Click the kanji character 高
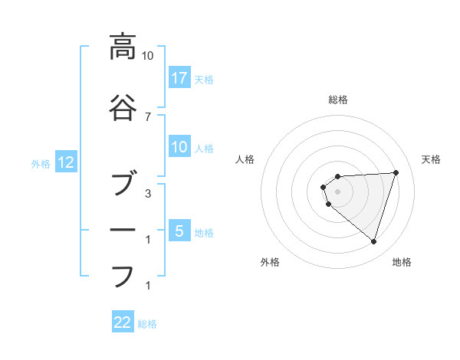[x=122, y=47]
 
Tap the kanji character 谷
[x=122, y=108]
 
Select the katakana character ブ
[x=122, y=186]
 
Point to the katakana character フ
[x=122, y=275]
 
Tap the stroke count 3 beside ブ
[x=147, y=194]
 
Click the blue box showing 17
[x=179, y=78]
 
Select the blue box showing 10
[x=179, y=147]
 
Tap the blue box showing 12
[x=65, y=162]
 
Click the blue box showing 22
[x=123, y=322]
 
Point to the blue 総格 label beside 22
[x=147, y=324]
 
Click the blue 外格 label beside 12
[x=40, y=164]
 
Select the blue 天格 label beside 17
[x=204, y=79]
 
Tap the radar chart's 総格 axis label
[x=338, y=100]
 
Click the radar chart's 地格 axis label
[x=402, y=262]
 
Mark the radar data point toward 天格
[x=396, y=172]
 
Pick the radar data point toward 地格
[x=373, y=241]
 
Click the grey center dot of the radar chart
[x=338, y=191]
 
